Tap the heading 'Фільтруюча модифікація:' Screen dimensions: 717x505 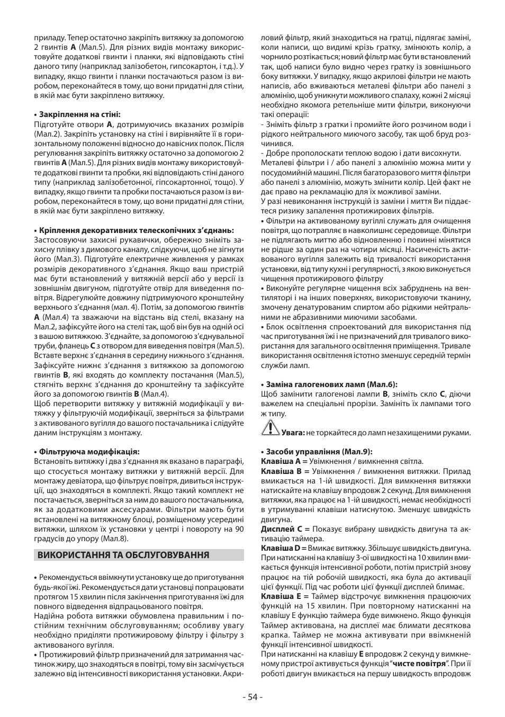[x=87, y=452]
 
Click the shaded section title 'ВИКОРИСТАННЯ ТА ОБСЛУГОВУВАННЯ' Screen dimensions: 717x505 [x=122, y=555]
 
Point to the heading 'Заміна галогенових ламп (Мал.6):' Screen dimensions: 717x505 [x=329, y=384]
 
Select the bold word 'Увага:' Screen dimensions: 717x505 [x=293, y=433]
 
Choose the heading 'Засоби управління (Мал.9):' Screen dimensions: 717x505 [x=317, y=452]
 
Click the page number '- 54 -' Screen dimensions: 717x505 [x=252, y=697]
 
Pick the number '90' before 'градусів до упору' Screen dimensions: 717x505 [x=239, y=529]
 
